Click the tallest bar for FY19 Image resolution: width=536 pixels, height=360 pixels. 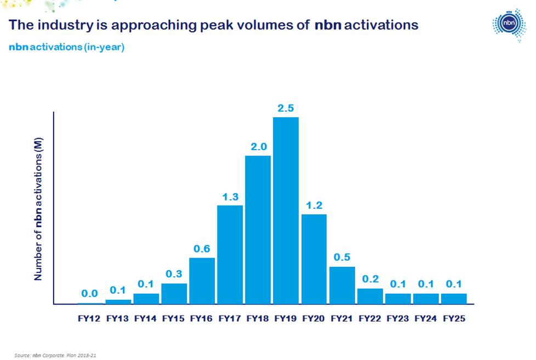click(286, 210)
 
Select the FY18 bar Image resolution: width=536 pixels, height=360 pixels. click(258, 230)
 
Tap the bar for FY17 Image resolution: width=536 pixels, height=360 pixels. click(230, 254)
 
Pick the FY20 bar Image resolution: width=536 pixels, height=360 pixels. click(313, 259)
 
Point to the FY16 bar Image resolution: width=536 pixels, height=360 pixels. click(202, 281)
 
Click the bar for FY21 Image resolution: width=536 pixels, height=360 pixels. click(342, 285)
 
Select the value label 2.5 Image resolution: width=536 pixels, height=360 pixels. click(286, 108)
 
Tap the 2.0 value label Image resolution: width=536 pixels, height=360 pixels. click(258, 147)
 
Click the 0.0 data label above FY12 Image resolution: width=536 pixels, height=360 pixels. click(89, 294)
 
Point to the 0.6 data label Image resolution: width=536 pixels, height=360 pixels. click(202, 249)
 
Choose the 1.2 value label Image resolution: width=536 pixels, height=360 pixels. click(313, 205)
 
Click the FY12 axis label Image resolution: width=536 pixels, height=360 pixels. click(89, 318)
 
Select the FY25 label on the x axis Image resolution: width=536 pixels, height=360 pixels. click(454, 318)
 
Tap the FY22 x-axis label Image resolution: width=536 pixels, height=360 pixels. click(370, 318)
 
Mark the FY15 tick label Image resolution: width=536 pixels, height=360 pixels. click(174, 318)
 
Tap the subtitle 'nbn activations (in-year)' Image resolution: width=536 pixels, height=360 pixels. click(66, 48)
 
